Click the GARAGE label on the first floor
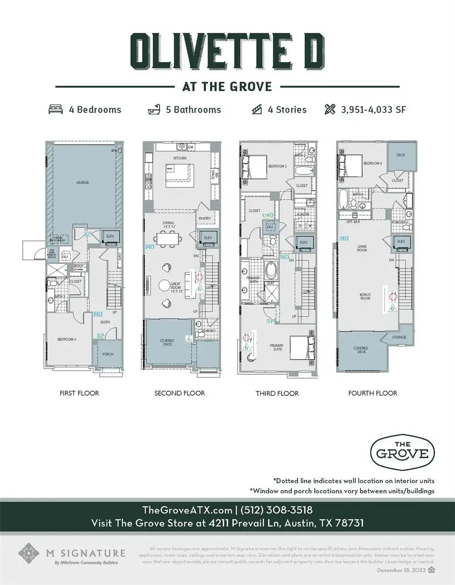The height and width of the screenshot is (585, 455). click(x=83, y=183)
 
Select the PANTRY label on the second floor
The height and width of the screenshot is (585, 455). click(x=205, y=218)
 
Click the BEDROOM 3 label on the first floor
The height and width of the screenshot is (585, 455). click(x=67, y=339)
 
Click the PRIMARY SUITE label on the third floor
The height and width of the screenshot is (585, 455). click(x=277, y=347)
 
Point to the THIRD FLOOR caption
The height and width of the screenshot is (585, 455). click(x=278, y=393)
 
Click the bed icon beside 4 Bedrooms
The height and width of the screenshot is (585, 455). click(x=55, y=109)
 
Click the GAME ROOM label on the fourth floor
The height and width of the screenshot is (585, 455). click(x=362, y=248)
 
